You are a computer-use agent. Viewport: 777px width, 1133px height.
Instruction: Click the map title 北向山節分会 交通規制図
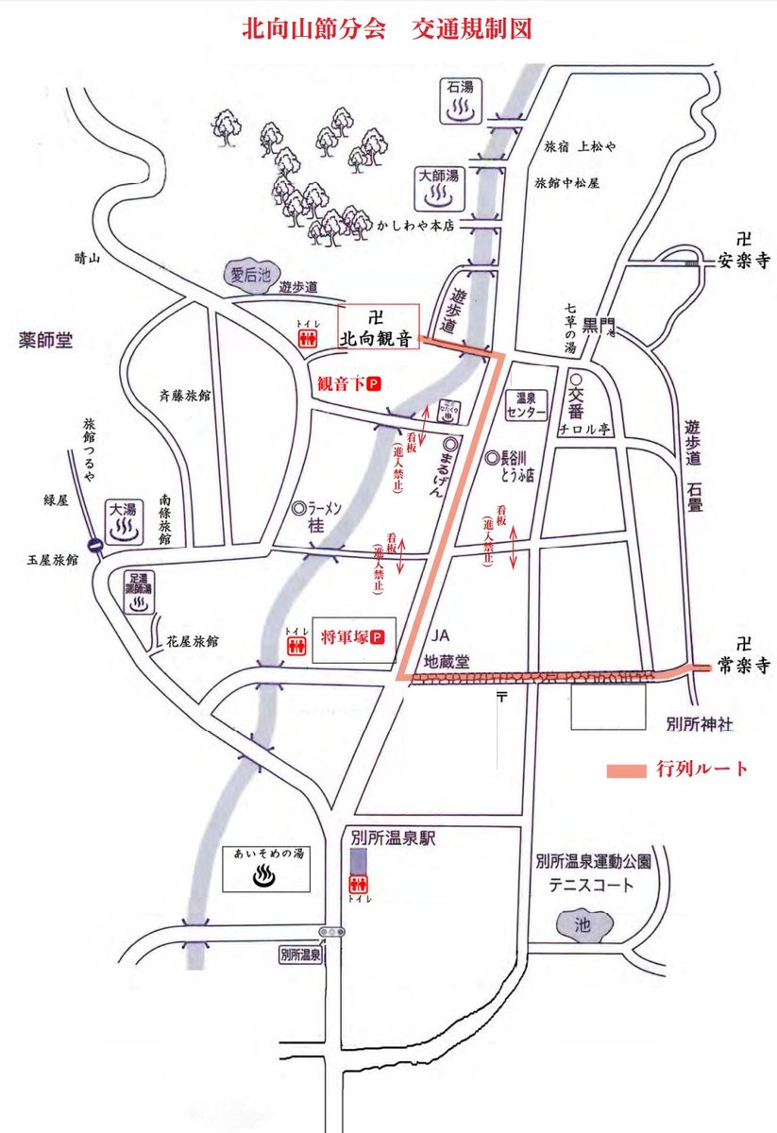[388, 28]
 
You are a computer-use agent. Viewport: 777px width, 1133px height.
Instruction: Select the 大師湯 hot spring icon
[437, 189]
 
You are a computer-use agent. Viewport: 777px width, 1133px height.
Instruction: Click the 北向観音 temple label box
[378, 328]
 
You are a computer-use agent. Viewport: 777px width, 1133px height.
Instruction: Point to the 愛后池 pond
[250, 276]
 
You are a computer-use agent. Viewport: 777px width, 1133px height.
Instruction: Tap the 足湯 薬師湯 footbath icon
[139, 592]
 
